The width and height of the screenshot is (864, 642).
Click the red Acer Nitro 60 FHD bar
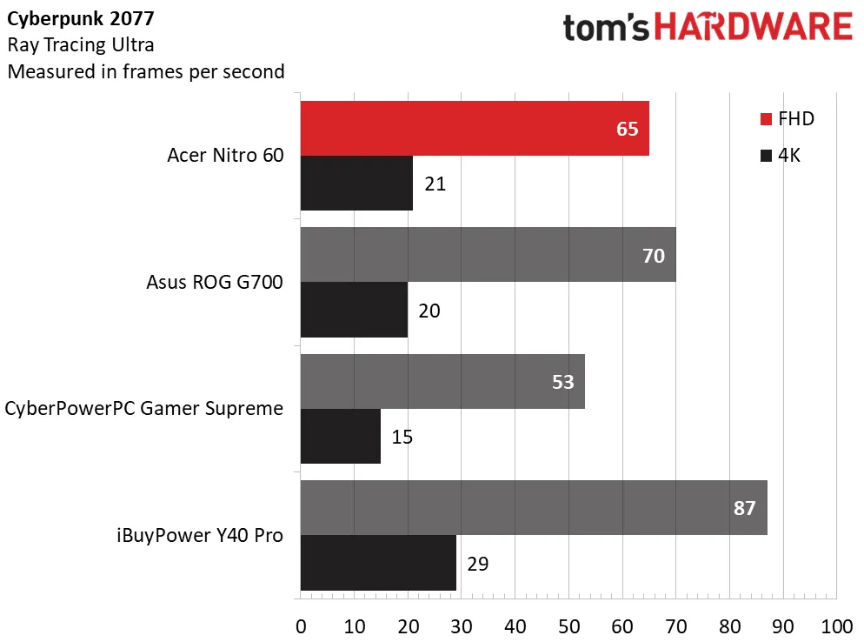[475, 129]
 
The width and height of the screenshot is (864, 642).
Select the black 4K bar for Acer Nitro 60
[356, 183]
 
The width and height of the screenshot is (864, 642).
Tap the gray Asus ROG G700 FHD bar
[488, 255]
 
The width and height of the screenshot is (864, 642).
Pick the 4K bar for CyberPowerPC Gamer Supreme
[341, 437]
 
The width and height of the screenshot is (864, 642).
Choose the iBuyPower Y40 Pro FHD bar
[534, 507]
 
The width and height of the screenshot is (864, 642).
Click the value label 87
[744, 508]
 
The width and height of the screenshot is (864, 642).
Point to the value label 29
[478, 564]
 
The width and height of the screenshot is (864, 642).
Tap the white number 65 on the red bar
[627, 129]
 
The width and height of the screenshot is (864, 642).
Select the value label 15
[402, 437]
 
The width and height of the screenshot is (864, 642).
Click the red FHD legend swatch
[766, 119]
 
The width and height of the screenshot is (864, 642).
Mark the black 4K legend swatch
[766, 156]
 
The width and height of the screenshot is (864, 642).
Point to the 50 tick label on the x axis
[568, 626]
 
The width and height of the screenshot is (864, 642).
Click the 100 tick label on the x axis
[837, 626]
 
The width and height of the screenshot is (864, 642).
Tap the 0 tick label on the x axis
[301, 626]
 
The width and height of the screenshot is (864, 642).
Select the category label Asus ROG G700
[215, 282]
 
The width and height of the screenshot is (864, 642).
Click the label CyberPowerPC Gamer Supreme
[143, 409]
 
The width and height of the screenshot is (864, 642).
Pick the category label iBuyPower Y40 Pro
[200, 536]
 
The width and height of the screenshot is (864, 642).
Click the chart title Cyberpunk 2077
[81, 19]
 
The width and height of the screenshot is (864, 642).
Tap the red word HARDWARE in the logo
[754, 26]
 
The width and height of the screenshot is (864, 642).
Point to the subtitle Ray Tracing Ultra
[81, 45]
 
